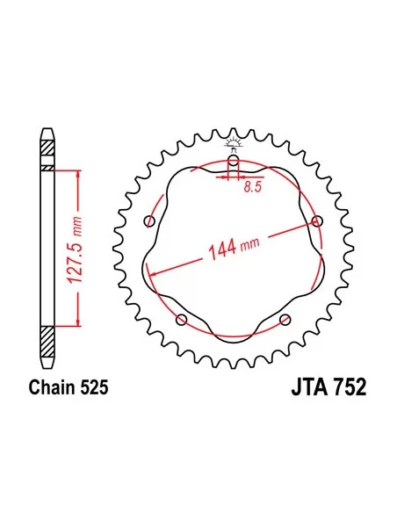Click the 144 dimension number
point(222,249)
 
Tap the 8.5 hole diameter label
point(253,187)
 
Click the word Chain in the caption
point(52,387)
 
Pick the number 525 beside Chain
point(94,387)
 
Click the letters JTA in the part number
point(309,387)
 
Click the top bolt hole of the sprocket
point(233,160)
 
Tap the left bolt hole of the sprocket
point(149,221)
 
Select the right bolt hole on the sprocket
point(317,221)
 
